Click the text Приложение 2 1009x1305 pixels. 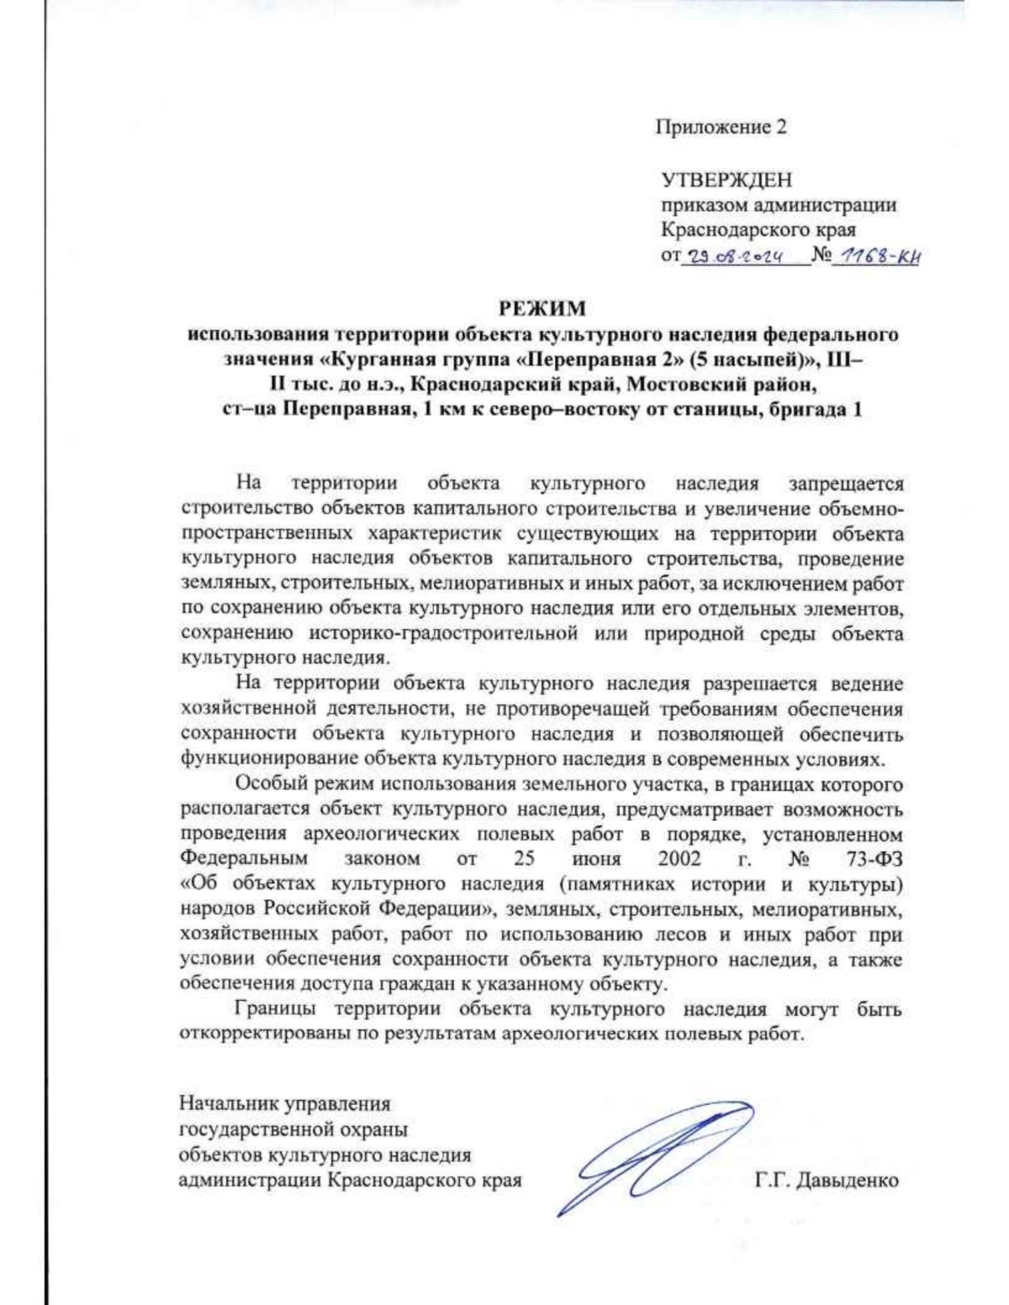point(721,128)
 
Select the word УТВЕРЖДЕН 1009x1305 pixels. point(726,180)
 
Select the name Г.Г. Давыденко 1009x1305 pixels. point(827,1180)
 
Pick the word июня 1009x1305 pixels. point(596,860)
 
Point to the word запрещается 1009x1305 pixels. point(846,484)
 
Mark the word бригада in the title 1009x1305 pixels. point(807,411)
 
